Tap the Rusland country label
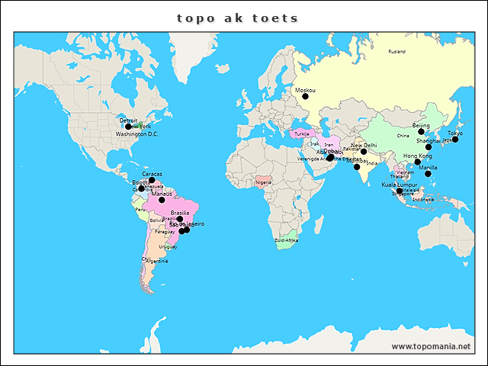(x=397, y=52)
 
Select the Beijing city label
(x=421, y=124)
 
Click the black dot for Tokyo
(x=455, y=140)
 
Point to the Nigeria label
(x=264, y=182)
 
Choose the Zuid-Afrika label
(x=286, y=240)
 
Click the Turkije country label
(x=302, y=134)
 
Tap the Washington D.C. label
(x=137, y=134)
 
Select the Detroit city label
(x=129, y=120)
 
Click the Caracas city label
(x=152, y=174)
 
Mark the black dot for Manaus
(x=162, y=200)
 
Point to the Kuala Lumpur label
(x=400, y=185)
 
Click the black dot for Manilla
(x=428, y=174)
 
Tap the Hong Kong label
(x=417, y=156)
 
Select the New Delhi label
(x=364, y=145)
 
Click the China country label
(x=403, y=136)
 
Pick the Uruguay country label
(x=168, y=246)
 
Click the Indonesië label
(x=423, y=199)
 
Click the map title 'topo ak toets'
(x=238, y=18)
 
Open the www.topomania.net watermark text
(x=431, y=346)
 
